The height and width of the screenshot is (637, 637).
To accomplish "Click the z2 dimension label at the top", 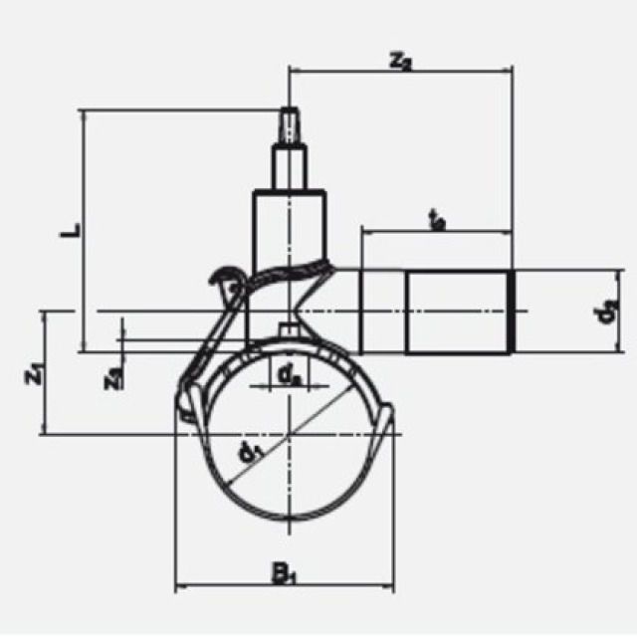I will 401,61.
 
